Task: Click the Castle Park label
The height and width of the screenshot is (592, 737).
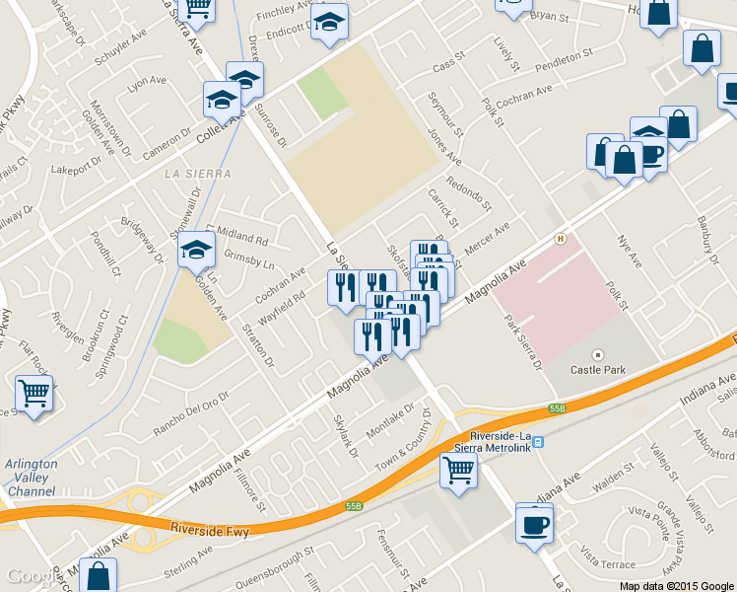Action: [x=597, y=371]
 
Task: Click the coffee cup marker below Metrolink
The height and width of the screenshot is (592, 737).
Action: [x=534, y=523]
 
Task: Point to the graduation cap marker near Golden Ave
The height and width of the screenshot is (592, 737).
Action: [x=197, y=251]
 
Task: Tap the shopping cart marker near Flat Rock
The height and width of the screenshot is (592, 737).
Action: [x=34, y=394]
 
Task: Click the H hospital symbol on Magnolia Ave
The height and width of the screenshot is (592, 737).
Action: [x=561, y=238]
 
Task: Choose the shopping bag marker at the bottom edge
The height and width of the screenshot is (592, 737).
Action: [x=98, y=576]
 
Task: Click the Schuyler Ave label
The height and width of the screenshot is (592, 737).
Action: [x=120, y=52]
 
